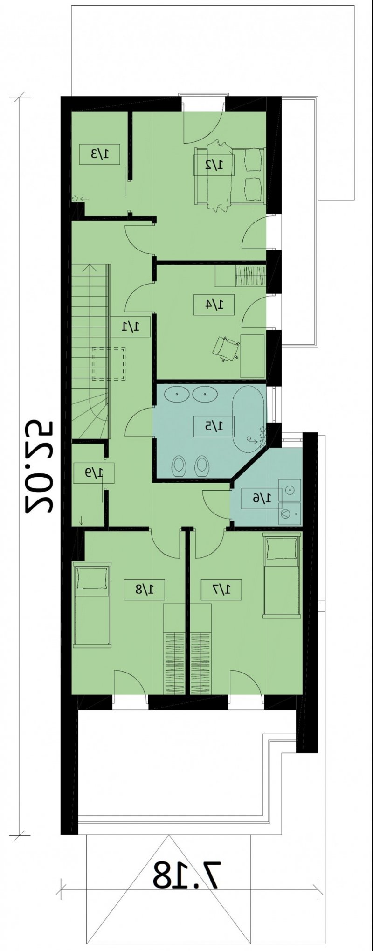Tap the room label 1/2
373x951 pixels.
[x=214, y=164]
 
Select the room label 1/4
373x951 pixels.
[x=214, y=305]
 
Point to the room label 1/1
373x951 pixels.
[x=130, y=326]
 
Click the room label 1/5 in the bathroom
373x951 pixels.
[x=214, y=425]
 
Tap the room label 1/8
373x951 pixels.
[x=145, y=590]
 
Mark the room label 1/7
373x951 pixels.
[x=221, y=590]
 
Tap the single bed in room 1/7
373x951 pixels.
[x=282, y=576]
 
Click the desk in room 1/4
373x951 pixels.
[x=253, y=356]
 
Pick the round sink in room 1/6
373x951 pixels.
[x=290, y=490]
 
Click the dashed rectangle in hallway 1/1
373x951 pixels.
[x=109, y=364]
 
